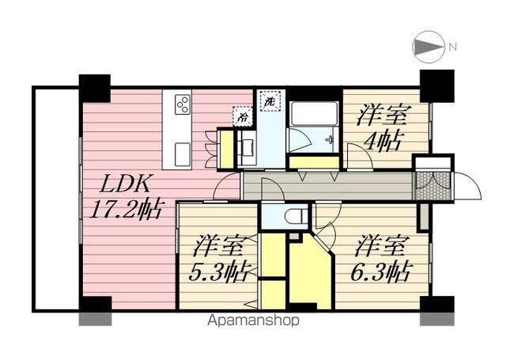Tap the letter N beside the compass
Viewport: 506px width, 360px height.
453,47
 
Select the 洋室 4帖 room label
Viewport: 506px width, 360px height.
382,129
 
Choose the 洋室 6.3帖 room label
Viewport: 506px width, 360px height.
382,259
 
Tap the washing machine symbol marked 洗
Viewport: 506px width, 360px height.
270,102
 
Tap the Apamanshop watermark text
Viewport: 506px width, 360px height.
253,321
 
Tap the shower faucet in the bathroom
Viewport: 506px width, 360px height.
329,140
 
